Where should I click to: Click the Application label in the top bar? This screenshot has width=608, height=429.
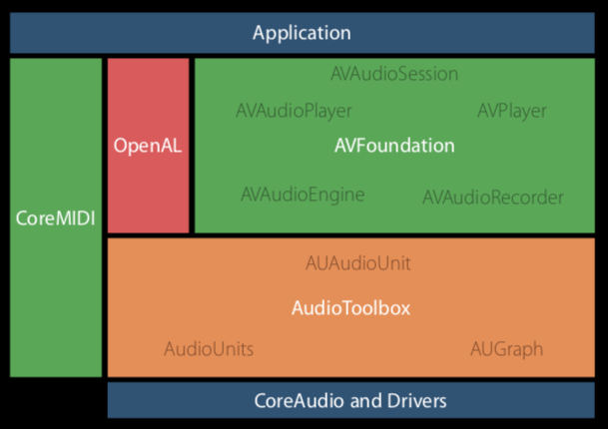pos(302,33)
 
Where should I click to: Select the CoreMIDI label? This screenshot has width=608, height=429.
pos(56,218)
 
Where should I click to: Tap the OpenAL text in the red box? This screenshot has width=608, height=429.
pos(148,146)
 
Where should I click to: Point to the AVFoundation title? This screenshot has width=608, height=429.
pos(394,146)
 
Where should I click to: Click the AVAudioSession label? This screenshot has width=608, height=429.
pos(394,74)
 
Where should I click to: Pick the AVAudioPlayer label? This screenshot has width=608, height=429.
pos(294,111)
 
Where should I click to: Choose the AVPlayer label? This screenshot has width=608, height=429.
pos(512,111)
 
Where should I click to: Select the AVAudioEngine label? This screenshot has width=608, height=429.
pos(303,195)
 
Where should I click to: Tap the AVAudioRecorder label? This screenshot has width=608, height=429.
pos(493,198)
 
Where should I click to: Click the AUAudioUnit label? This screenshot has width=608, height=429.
pos(357,263)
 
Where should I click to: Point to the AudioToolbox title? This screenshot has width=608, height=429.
pos(350,308)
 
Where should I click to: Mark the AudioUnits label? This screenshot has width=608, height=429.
pos(209,349)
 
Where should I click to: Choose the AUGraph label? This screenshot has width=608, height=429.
pos(506,349)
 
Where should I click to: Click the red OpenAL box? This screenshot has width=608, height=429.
pos(148,146)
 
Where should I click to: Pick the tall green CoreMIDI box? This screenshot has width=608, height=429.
pos(56,217)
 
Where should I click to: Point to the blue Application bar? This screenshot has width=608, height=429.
pos(303,33)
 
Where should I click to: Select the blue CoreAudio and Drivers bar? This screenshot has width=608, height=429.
pos(350,400)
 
